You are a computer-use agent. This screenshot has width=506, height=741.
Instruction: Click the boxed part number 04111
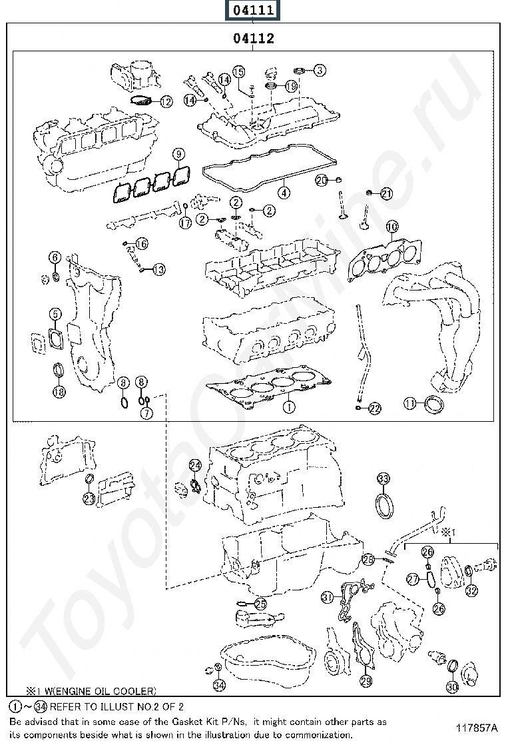click(252, 10)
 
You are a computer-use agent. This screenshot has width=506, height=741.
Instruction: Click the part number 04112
click(253, 39)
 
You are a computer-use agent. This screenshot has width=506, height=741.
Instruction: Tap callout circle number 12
click(165, 101)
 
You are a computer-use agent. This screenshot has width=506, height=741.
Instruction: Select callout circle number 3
click(320, 69)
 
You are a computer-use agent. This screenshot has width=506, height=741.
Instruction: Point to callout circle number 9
click(178, 155)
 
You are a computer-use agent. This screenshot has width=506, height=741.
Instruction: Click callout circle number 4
click(284, 193)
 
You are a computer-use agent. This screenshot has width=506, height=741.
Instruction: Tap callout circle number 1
click(288, 404)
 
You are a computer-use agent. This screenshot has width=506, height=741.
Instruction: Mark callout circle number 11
click(410, 403)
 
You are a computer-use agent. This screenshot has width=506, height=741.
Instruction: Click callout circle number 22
click(374, 408)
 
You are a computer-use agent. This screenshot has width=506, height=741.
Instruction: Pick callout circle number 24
click(194, 465)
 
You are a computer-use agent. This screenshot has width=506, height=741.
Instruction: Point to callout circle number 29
click(366, 680)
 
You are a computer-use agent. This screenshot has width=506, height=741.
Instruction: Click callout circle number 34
click(218, 684)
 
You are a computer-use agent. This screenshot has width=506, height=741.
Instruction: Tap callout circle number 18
click(59, 392)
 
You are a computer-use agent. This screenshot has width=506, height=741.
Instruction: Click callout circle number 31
click(327, 597)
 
